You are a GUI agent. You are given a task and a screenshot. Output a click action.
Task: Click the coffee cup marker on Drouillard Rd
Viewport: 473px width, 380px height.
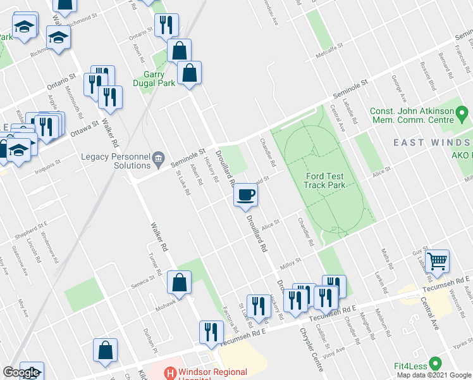click(x=246, y=194)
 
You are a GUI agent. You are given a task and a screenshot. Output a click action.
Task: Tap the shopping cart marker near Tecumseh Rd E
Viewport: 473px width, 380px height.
click(x=437, y=260)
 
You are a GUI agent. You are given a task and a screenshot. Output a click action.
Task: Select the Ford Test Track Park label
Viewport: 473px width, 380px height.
click(x=323, y=180)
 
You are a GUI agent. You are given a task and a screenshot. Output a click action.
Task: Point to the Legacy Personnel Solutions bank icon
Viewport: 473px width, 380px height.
click(x=158, y=157)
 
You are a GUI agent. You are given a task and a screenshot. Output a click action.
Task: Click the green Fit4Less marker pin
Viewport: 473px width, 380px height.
click(x=435, y=364)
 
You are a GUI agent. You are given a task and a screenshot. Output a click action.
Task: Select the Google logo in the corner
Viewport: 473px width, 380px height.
click(x=21, y=372)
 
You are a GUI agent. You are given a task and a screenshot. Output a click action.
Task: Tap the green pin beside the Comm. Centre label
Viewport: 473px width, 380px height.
click(x=464, y=115)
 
